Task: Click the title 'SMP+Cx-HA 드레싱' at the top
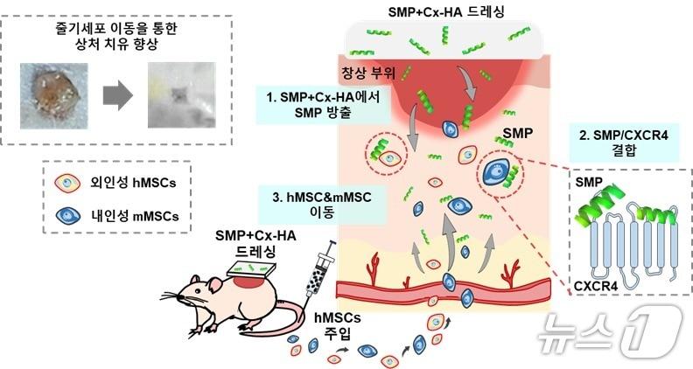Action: pos(436,11)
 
